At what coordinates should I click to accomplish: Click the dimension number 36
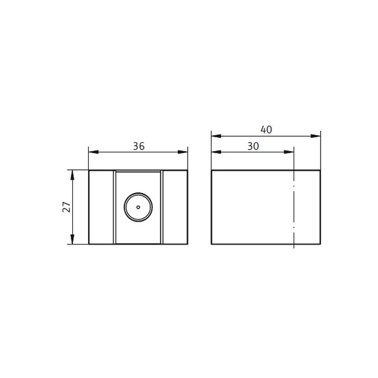tap(139, 146)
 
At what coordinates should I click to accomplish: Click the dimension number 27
tap(66, 207)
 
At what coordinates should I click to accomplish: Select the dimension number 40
tap(267, 130)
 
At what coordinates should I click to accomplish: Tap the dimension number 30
tap(253, 146)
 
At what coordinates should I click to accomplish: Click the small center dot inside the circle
tap(138, 207)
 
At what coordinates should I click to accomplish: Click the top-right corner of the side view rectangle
tap(320, 171)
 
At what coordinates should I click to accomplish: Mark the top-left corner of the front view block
tap(89, 171)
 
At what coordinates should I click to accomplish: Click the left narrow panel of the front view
tap(102, 207)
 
